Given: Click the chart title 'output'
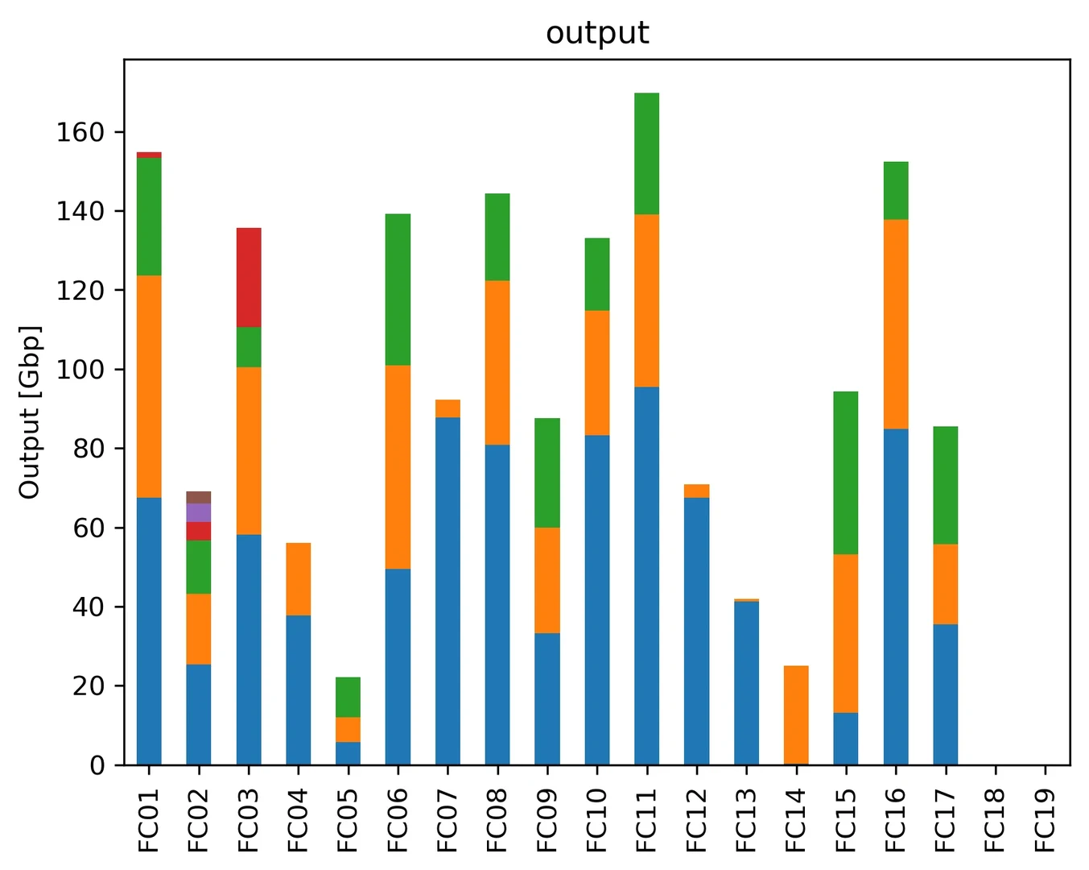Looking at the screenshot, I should pos(597,33).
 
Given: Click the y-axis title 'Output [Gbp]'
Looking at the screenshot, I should pos(30,412).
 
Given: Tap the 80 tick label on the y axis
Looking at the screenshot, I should pos(89,449).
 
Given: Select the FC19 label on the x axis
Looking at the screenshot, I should pos(1044,820).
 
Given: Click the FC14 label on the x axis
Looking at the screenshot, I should pos(795,820).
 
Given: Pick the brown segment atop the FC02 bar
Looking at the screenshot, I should pos(199,497).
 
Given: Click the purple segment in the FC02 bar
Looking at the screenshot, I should pos(199,512).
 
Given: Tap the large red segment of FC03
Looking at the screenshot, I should pos(249,277).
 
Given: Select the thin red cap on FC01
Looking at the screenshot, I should pos(149,155).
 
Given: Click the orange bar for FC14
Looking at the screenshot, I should pos(796,715).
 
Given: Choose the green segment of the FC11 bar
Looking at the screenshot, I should pos(646,153).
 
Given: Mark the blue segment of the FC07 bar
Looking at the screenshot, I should pos(448,590).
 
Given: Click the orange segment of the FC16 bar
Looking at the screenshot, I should pos(896,324).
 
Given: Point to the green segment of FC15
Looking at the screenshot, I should pos(846,473).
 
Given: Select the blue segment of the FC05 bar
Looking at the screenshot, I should pos(348,753).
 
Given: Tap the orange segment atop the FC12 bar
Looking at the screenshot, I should pos(696,491).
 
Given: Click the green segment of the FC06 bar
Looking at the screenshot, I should pos(398,289).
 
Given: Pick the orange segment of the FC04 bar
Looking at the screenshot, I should pos(298,579).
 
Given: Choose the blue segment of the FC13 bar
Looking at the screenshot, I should pos(746,682).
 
